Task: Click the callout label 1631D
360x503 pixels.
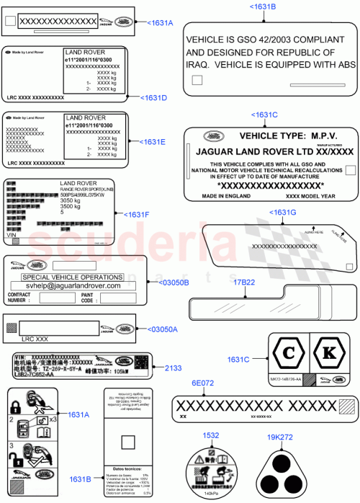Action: (153, 97)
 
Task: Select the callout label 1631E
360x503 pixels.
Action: (152, 142)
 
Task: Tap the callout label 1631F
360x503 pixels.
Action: (137, 215)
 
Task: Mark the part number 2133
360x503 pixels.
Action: (174, 368)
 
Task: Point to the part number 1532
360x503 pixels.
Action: (211, 435)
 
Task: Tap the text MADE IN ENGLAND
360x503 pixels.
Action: (225, 195)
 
